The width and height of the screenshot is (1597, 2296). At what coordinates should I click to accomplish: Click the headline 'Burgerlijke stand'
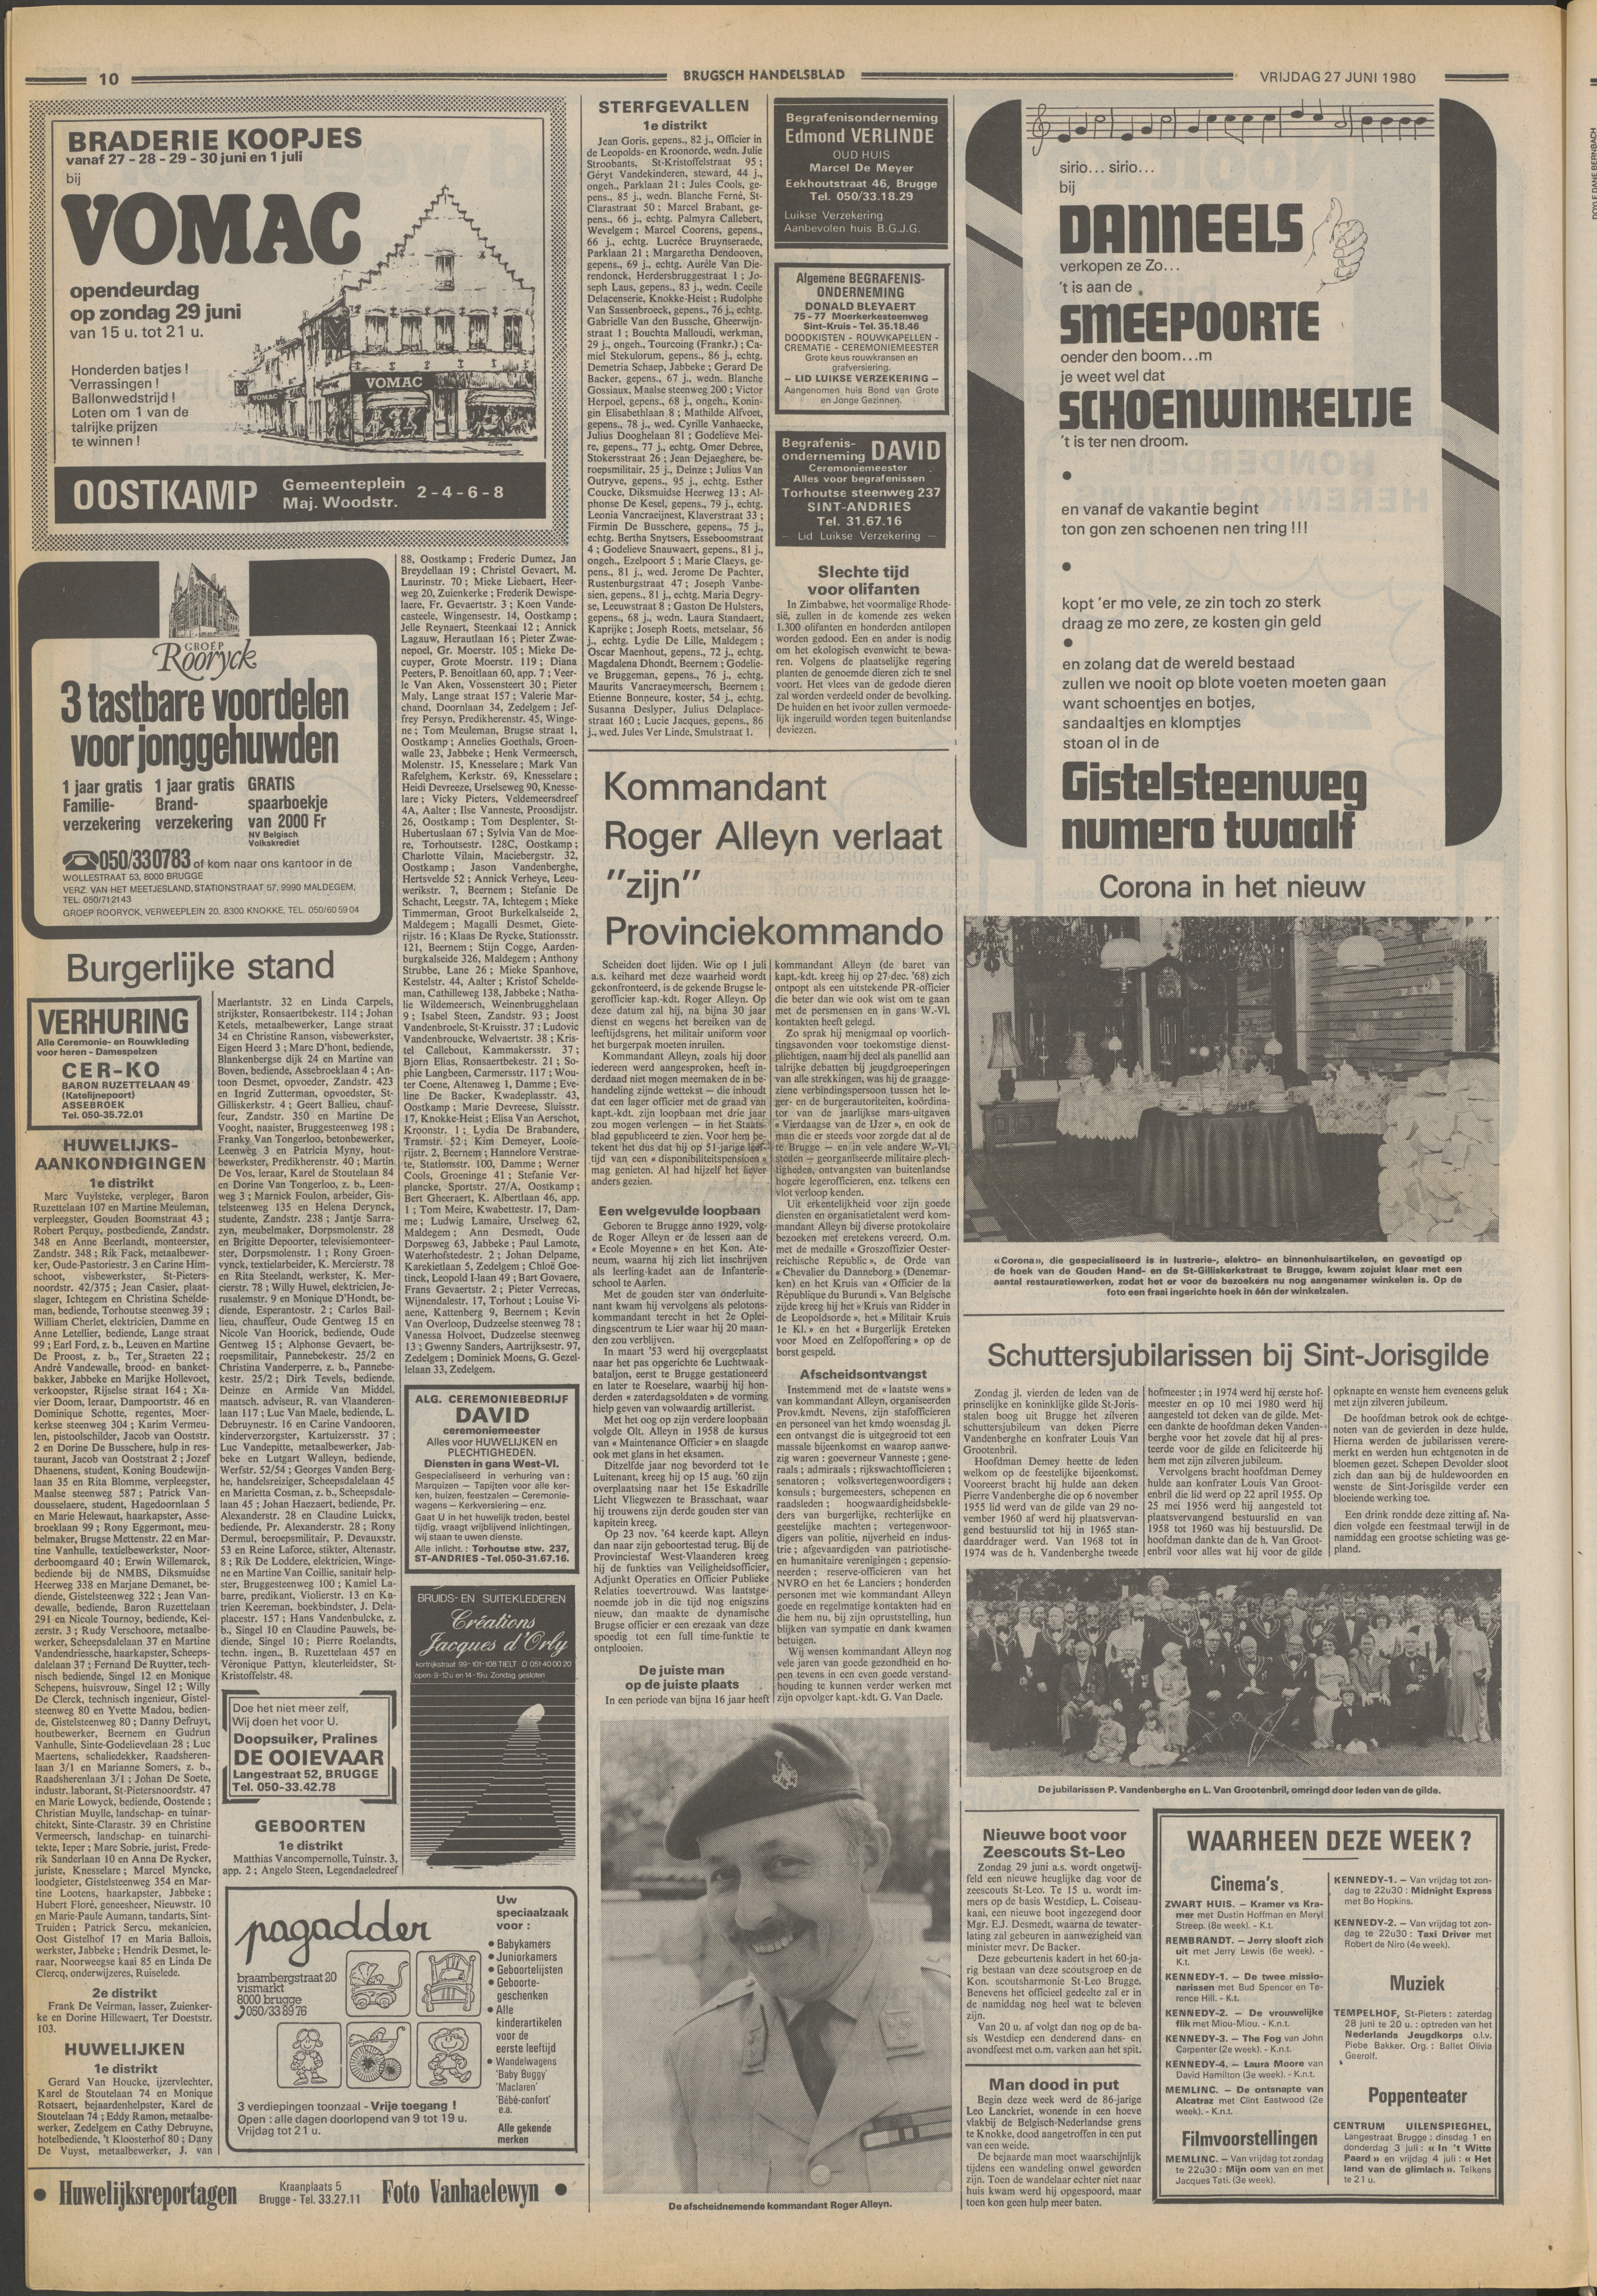(x=199, y=966)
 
